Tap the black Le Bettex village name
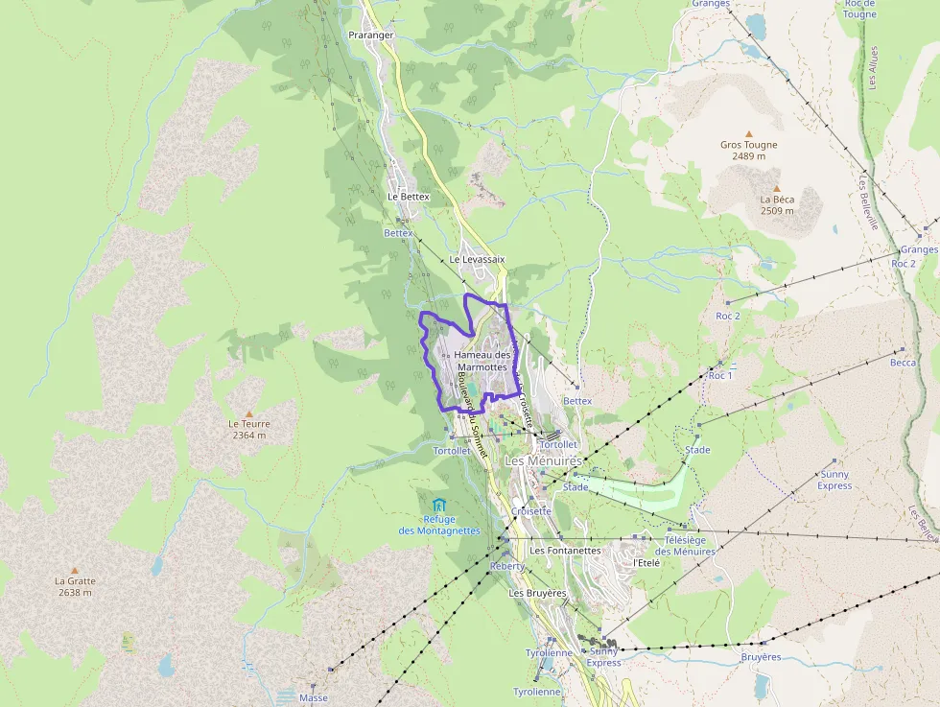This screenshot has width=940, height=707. (x=409, y=197)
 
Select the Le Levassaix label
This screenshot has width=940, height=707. (x=477, y=260)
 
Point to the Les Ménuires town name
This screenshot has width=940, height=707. (x=543, y=461)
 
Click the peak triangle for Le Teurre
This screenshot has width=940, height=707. (x=248, y=413)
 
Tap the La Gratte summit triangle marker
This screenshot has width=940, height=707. (x=75, y=570)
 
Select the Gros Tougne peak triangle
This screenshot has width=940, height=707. (x=749, y=134)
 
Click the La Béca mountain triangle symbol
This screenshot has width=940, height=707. (x=777, y=188)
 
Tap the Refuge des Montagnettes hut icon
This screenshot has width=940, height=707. (x=439, y=505)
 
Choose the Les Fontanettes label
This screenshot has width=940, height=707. (x=565, y=551)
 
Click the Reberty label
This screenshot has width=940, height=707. (x=507, y=566)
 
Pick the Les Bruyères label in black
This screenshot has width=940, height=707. (x=537, y=594)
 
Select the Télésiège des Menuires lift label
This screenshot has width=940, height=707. (x=685, y=546)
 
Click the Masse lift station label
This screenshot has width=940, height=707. (x=313, y=697)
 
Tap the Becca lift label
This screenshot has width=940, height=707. (x=903, y=363)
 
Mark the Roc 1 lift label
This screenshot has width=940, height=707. (x=719, y=376)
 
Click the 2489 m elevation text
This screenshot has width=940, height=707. (x=749, y=156)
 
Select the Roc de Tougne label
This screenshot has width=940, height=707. (x=859, y=9)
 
